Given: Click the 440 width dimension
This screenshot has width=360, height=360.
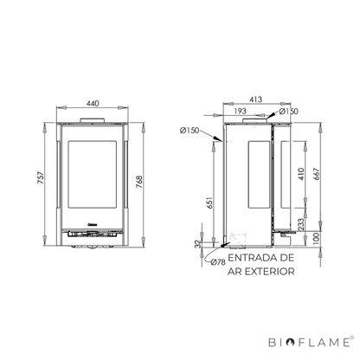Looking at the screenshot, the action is tap(93, 103).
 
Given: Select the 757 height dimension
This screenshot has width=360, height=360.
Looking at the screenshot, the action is tap(41, 177).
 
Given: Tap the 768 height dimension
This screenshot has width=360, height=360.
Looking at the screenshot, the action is tap(139, 182).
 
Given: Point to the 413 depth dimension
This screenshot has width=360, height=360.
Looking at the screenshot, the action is tap(256, 100).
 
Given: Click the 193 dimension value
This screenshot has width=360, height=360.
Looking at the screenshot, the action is tap(240, 111).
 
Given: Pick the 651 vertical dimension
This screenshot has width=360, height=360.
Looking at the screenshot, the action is tap(210, 202).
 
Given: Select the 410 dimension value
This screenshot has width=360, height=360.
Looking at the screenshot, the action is tap(301, 174).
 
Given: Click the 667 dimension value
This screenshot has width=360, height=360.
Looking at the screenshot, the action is tap(317, 174).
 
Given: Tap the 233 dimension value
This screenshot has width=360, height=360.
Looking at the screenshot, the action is tap(301, 224).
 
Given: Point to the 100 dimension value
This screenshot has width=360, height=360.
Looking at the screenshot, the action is tap(317, 238).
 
